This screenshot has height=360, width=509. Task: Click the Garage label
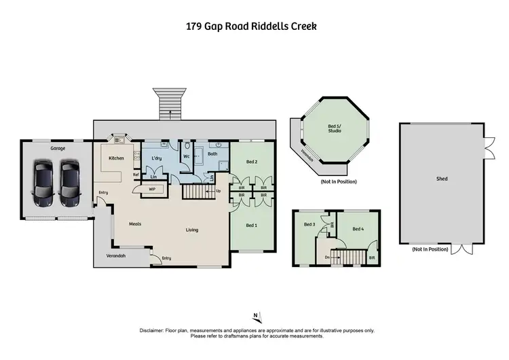pos(56,147)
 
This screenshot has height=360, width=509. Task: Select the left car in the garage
pos(43,183)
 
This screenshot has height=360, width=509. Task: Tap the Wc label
pos(186,156)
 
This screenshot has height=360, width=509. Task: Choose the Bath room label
pos(212,154)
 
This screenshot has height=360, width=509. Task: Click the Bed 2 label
pos(251,162)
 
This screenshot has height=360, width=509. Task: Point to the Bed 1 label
pos(251,225)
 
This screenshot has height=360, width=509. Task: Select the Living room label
pos(192,230)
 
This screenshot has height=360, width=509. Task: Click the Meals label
pos(136,223)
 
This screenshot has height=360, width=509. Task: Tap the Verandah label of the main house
pos(116,257)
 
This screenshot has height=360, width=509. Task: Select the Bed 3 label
pos(309,225)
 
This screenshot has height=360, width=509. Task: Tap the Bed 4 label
pos(358,229)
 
